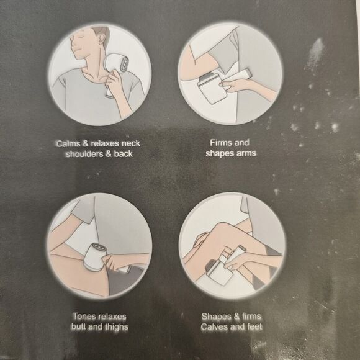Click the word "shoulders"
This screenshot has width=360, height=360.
(84, 154)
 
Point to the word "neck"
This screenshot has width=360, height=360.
(130, 143)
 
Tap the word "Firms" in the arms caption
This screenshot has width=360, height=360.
(219, 143)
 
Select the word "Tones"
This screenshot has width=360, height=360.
(83, 317)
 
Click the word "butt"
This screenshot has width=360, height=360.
(79, 326)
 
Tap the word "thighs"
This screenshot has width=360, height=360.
(117, 327)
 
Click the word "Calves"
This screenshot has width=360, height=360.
(214, 326)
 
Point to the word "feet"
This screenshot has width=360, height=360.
(254, 326)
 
